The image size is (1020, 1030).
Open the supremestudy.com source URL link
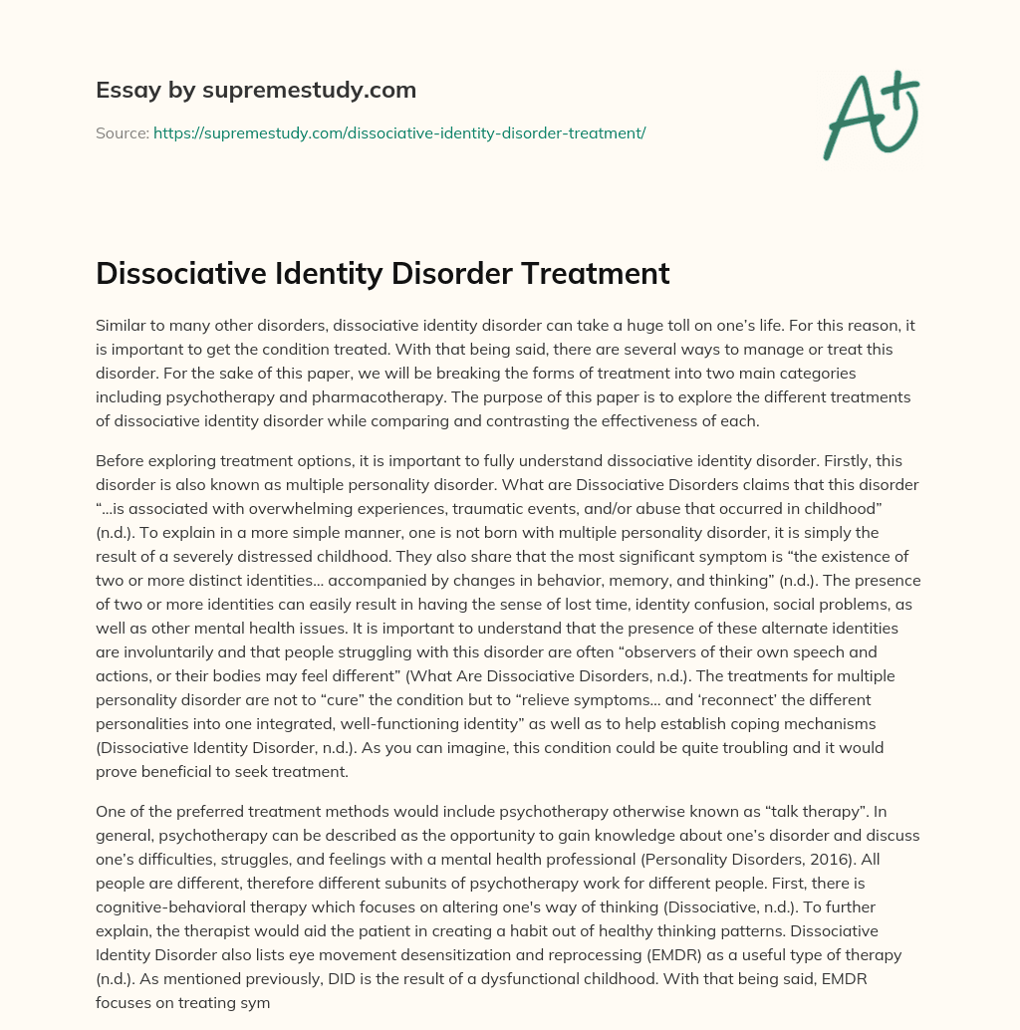(x=399, y=132)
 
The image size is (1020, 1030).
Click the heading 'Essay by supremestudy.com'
(x=256, y=91)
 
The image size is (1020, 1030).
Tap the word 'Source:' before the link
(x=123, y=132)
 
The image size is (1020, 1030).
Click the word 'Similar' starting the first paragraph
(x=120, y=326)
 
